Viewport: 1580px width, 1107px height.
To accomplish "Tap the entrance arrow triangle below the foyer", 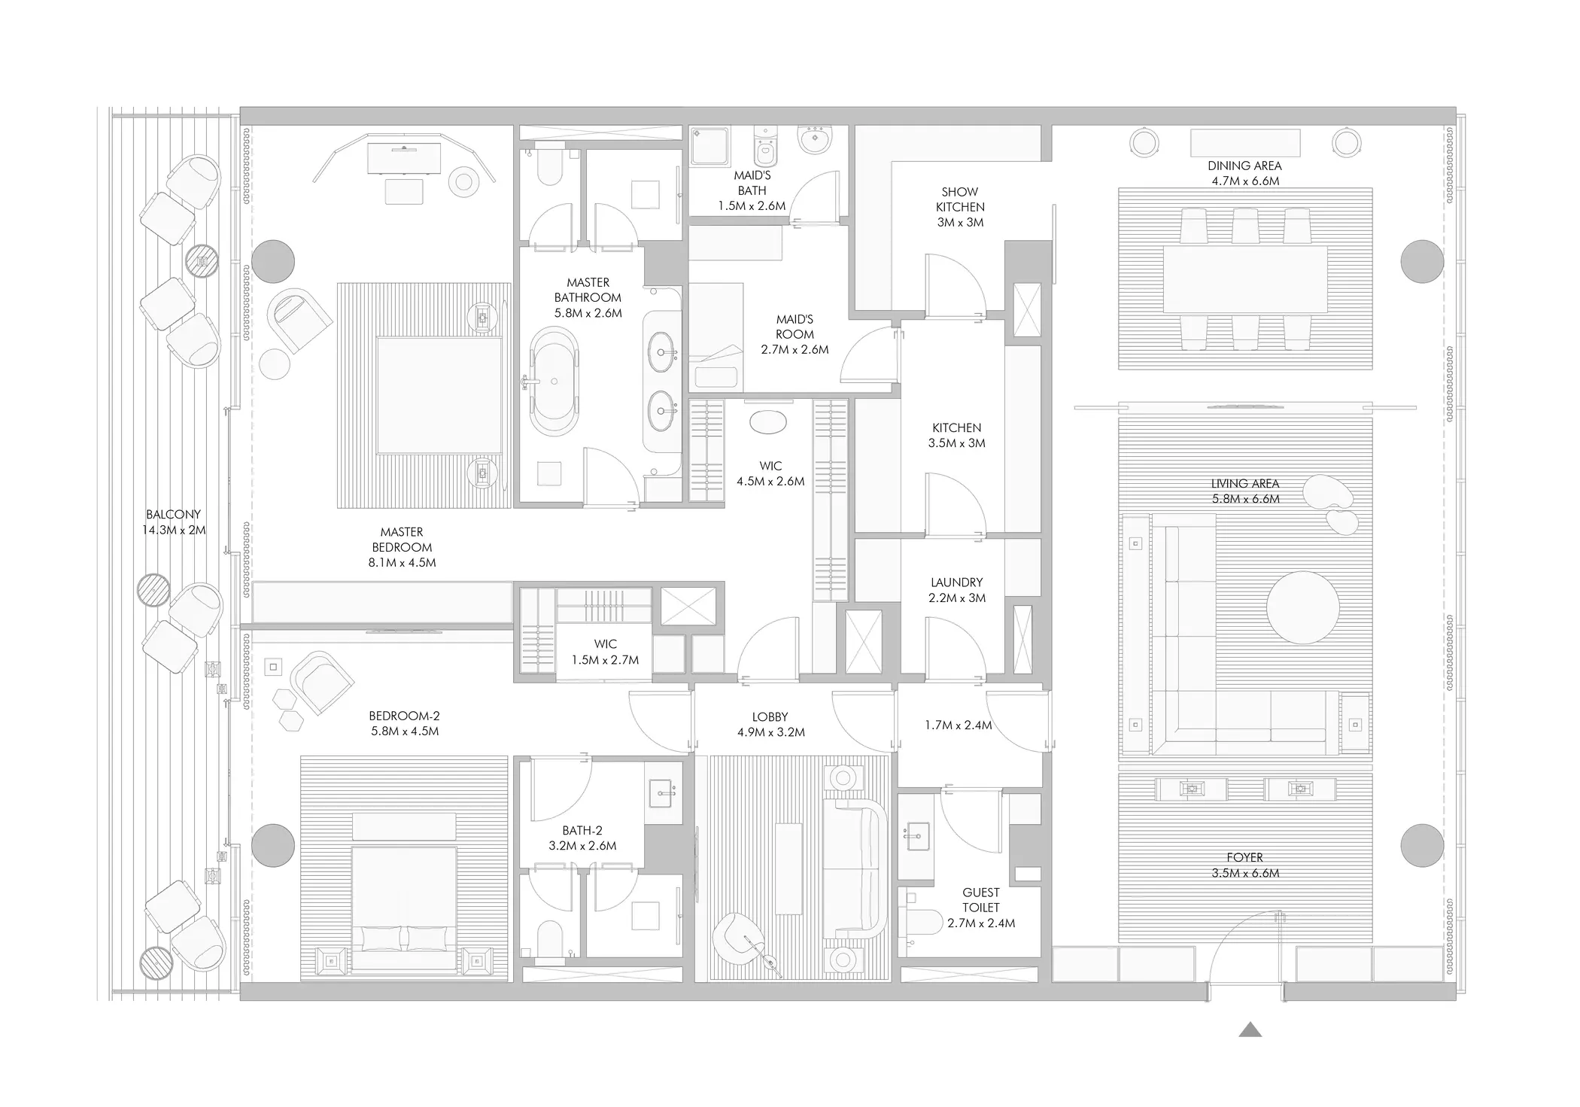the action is point(1250,1029).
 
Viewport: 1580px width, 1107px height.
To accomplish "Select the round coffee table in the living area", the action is point(1302,607).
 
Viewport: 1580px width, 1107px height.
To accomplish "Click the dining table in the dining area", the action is point(1245,279).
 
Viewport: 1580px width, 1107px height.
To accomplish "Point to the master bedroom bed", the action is point(439,395).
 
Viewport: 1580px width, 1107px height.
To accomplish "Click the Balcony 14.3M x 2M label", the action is point(174,522).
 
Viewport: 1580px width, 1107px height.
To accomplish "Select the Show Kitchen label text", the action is point(960,199).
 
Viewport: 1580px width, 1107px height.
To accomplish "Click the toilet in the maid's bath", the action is point(765,147).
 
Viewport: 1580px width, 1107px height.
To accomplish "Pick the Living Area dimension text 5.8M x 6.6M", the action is point(1245,499).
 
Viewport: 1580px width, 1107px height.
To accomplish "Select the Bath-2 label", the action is point(582,831).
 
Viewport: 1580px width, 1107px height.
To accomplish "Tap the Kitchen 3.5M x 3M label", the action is point(957,435).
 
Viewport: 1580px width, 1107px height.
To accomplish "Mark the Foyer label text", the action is point(1245,857).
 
